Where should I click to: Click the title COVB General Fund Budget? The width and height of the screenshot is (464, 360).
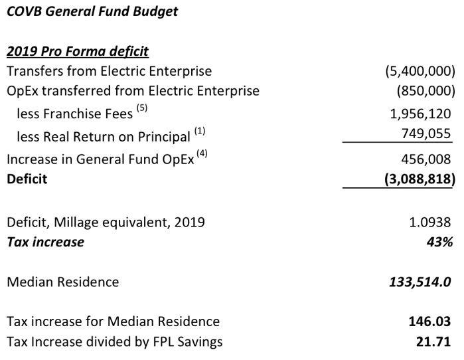pyautogui.click(x=92, y=12)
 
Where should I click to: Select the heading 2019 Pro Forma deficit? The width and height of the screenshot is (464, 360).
pyautogui.click(x=78, y=51)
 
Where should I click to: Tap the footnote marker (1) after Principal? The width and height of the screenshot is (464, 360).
pyautogui.click(x=200, y=131)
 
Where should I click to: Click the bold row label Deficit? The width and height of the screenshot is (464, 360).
pyautogui.click(x=27, y=179)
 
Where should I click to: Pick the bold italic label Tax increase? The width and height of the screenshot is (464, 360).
pyautogui.click(x=46, y=242)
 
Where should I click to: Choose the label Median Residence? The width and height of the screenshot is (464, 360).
pyautogui.click(x=63, y=282)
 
